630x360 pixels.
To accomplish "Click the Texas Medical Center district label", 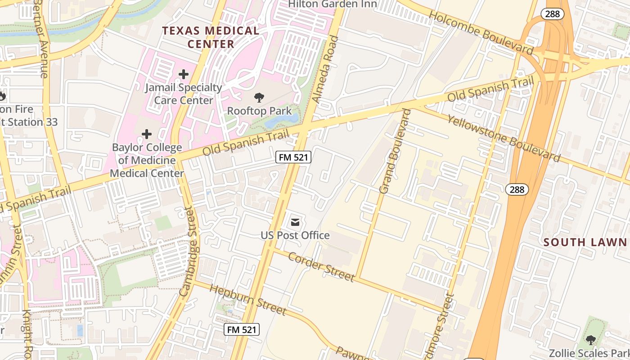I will point(211,37).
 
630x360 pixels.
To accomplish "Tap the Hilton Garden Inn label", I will point(333,4).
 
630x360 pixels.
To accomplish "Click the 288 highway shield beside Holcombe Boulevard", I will point(552,14).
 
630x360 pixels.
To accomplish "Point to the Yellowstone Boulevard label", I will point(504,138).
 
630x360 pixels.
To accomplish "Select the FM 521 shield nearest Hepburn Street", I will point(242,329).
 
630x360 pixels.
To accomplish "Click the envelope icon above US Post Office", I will point(295,222).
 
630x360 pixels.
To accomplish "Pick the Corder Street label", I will point(321,267).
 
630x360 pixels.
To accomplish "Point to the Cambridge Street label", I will point(189,252).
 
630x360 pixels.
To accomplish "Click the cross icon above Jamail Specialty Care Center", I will point(183,74).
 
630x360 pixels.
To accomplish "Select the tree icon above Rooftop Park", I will point(259,97).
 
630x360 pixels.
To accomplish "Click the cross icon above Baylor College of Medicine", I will point(147,134).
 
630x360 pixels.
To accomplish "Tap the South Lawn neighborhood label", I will point(585,243).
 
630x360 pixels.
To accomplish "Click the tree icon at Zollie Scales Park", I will point(590,340).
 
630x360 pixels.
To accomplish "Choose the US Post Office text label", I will point(295,235).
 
